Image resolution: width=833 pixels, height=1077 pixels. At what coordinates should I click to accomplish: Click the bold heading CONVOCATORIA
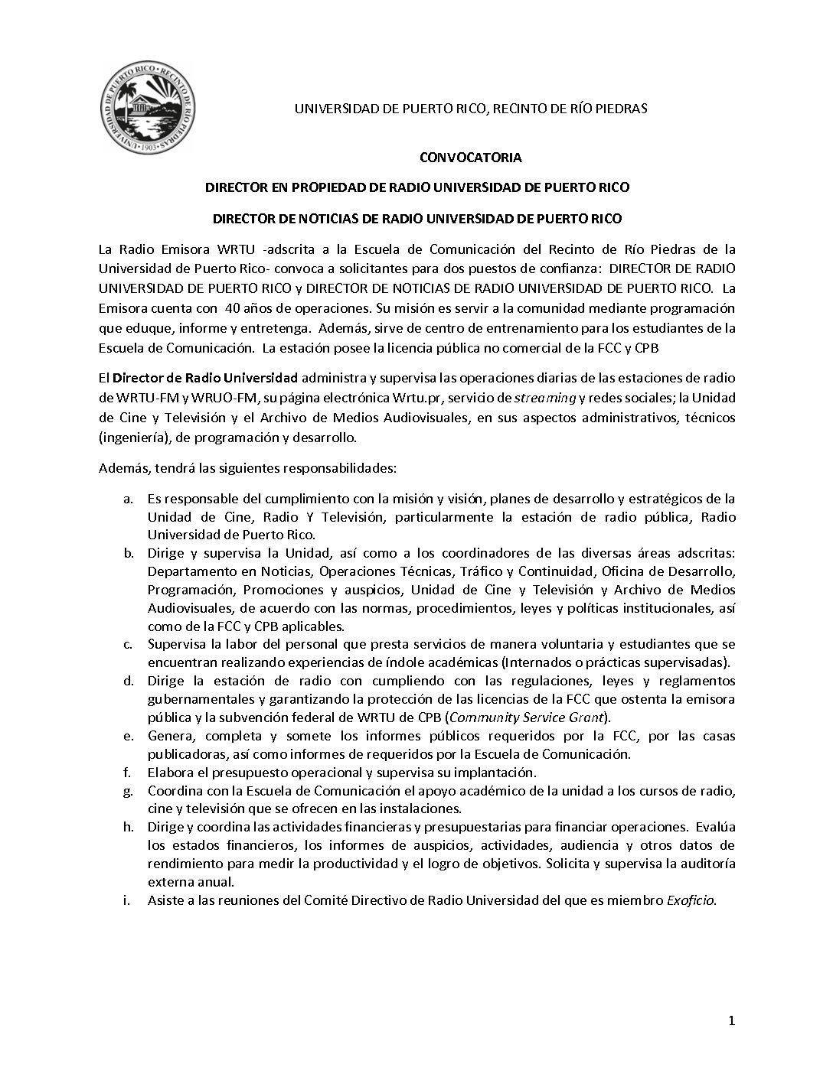471,158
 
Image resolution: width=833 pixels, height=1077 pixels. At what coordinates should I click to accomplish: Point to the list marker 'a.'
129,499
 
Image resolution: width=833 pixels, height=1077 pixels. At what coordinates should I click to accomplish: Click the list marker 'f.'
128,773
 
